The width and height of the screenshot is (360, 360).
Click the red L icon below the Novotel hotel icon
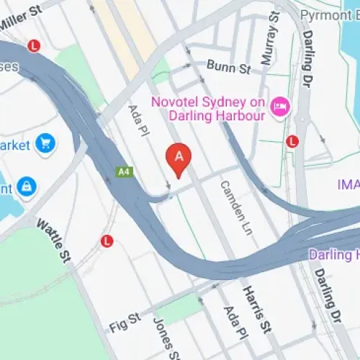click(x=292, y=141)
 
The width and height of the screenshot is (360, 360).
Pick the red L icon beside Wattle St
click(x=107, y=240)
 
